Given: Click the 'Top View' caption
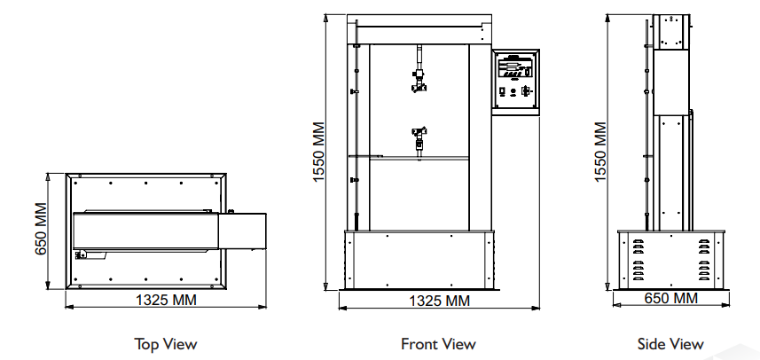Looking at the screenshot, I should (x=165, y=343).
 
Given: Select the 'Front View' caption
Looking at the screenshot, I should (x=438, y=343).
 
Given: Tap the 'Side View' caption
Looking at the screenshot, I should (x=670, y=343).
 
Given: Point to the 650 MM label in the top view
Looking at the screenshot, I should (x=41, y=229).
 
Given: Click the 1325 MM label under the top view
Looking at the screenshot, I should (x=165, y=300).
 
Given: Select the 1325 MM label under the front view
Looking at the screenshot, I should (x=438, y=301).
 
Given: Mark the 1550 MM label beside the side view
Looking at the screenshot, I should (x=600, y=153).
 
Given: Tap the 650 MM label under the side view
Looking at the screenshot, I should (x=670, y=299).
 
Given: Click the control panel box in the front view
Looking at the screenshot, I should (x=516, y=81).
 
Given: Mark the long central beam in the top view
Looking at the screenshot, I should (x=146, y=230).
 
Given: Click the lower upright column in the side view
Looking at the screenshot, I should (x=670, y=168).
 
